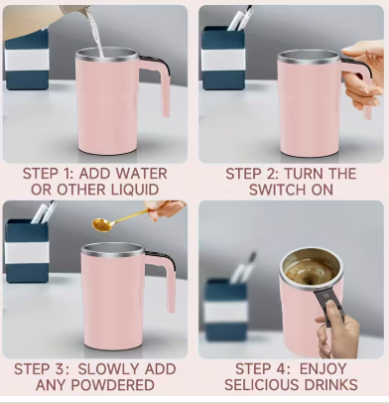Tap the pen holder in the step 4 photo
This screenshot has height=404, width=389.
coord(227,307)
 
